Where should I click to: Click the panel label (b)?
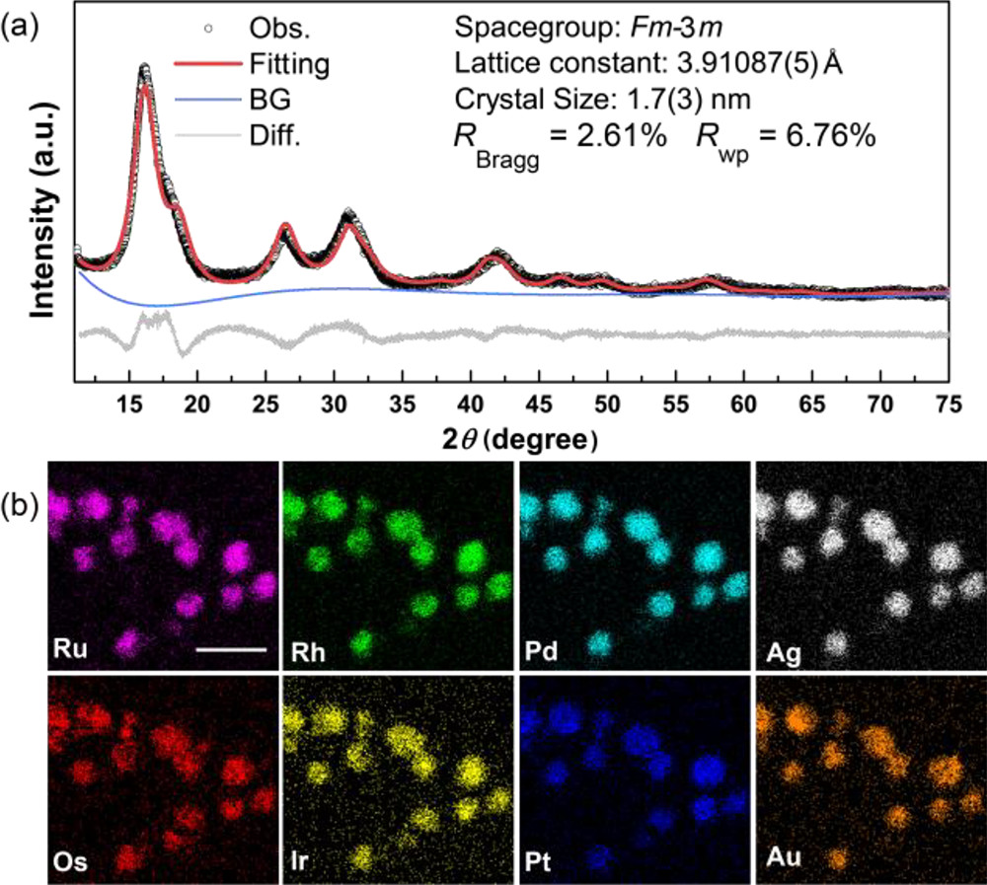pos(23,508)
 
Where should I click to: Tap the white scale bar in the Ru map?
pos(231,649)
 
